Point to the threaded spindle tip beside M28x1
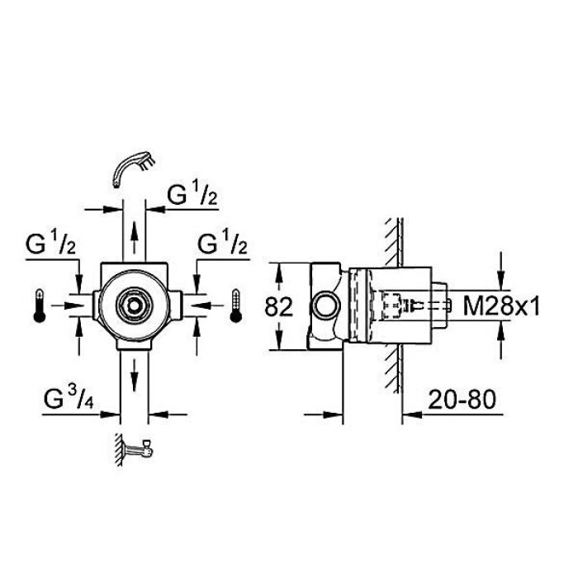(443, 306)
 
